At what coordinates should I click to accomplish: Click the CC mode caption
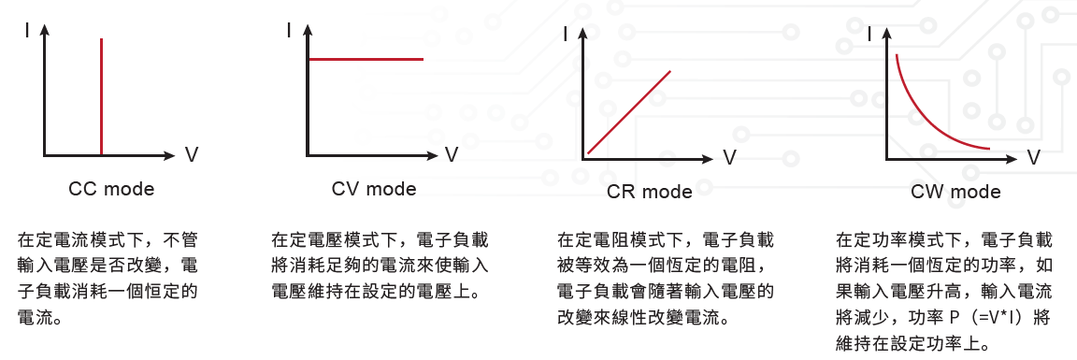pyautogui.click(x=111, y=188)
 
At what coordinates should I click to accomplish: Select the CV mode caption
pyautogui.click(x=374, y=188)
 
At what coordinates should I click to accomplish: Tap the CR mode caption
pyautogui.click(x=649, y=192)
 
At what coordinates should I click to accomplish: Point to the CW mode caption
pyautogui.click(x=955, y=192)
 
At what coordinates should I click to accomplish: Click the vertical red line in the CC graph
pyautogui.click(x=102, y=97)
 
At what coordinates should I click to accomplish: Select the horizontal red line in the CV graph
pyautogui.click(x=366, y=60)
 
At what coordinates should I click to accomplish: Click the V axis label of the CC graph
pyautogui.click(x=192, y=154)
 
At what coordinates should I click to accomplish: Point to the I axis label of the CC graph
pyautogui.click(x=27, y=30)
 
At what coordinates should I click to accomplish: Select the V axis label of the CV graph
pyautogui.click(x=452, y=154)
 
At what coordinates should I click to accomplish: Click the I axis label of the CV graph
pyautogui.click(x=289, y=30)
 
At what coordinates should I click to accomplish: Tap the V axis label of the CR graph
pyautogui.click(x=729, y=158)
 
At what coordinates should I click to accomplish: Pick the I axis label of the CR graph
pyautogui.click(x=566, y=34)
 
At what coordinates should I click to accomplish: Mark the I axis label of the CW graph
pyautogui.click(x=871, y=33)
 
